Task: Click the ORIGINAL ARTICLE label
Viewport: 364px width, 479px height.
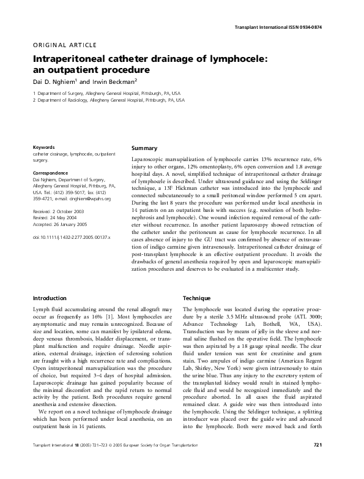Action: coord(58,43)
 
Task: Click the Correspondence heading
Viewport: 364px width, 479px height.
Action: coord(50,173)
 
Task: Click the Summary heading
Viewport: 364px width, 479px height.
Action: coord(145,148)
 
